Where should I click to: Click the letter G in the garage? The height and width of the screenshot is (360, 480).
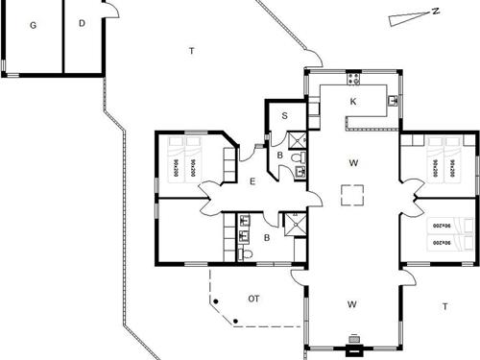(33, 24)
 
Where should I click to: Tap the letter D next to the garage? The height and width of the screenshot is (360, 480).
(82, 23)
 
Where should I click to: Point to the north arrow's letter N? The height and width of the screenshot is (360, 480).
(435, 12)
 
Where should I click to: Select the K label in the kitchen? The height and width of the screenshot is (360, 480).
(353, 101)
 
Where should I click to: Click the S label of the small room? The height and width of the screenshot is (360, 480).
(285, 116)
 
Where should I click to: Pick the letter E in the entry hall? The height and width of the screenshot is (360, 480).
(252, 181)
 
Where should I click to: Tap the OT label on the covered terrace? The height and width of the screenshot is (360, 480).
(254, 300)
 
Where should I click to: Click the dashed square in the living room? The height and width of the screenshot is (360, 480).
(353, 194)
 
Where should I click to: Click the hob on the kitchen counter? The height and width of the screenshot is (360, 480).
(354, 78)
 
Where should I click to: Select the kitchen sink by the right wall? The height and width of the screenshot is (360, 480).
(394, 98)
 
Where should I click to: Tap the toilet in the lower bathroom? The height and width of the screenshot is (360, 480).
(246, 253)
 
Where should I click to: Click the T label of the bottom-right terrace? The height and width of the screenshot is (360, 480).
(444, 306)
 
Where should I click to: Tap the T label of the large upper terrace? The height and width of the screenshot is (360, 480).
(192, 50)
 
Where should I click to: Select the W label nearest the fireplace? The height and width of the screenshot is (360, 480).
(352, 304)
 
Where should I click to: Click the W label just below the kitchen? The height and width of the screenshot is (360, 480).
(353, 163)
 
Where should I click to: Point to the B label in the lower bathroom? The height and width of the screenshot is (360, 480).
(268, 237)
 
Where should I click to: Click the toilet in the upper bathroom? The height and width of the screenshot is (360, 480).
(296, 156)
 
